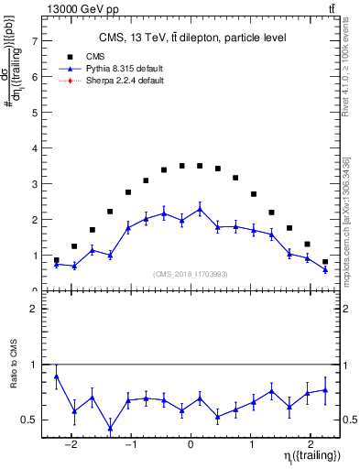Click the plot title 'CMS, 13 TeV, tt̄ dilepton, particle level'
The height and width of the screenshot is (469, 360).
[x=192, y=38]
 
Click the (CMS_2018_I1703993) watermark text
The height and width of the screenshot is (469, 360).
[x=191, y=272]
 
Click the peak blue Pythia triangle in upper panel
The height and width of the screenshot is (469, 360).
[x=200, y=209]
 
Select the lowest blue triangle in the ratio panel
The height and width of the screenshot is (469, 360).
[x=110, y=428]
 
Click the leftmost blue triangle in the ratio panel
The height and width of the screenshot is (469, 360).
[x=57, y=376]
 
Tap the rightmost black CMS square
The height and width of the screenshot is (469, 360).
[x=325, y=262]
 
